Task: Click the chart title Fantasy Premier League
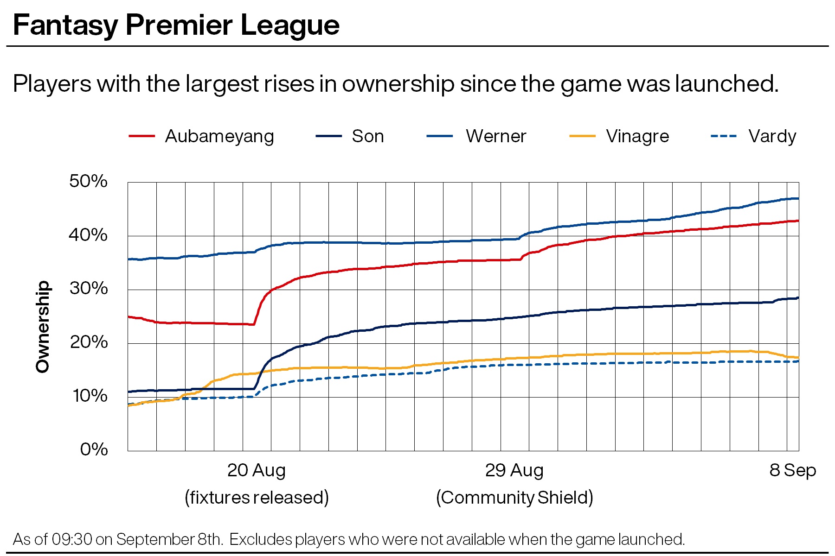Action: point(176,25)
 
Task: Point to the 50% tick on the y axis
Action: point(88,181)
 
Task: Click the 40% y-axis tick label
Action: point(88,235)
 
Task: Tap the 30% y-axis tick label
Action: point(88,289)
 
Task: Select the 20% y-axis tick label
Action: point(88,342)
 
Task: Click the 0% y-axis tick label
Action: point(94,449)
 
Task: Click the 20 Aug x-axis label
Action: point(256,470)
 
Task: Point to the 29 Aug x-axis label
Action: point(514,470)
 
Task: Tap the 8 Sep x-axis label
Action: point(792,470)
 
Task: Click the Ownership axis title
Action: point(43,327)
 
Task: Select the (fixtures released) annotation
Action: point(257,498)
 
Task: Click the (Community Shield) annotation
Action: point(514,498)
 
